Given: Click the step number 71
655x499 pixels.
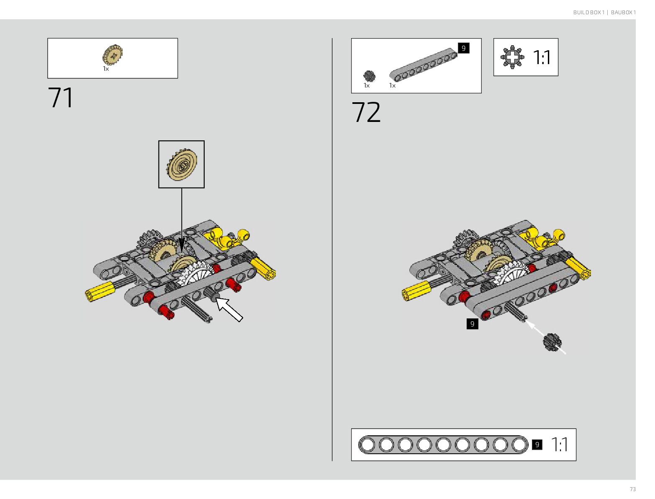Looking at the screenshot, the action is [x=61, y=98].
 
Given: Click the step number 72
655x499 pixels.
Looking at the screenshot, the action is [x=366, y=112].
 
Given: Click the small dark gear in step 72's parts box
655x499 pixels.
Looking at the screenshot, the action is [x=369, y=76].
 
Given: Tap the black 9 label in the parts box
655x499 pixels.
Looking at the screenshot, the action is [x=463, y=48].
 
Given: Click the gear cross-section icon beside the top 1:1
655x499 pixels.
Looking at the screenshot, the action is [x=512, y=57].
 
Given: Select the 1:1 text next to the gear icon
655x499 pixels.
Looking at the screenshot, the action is [x=542, y=57].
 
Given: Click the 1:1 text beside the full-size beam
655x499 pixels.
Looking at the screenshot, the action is [x=560, y=445].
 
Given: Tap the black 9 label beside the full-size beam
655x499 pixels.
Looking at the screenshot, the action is [x=537, y=445].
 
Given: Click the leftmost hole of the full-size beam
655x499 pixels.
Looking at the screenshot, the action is [x=367, y=445].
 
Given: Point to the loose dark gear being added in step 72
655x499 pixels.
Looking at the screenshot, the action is [x=552, y=342].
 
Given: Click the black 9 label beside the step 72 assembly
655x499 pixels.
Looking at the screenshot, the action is [x=472, y=324].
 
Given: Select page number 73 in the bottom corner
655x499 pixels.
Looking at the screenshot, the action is [x=632, y=489].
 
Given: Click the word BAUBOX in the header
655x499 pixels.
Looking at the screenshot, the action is [x=621, y=13].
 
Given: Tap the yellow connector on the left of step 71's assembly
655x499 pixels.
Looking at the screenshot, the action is [x=100, y=291].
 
